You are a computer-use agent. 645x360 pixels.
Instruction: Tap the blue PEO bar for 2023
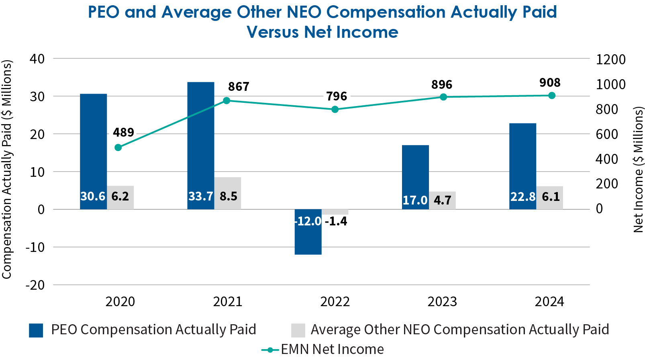(x=415, y=169)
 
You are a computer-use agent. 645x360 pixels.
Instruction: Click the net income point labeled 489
(x=118, y=147)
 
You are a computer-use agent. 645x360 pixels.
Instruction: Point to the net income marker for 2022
(x=335, y=109)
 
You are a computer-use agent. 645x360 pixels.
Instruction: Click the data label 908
(x=550, y=83)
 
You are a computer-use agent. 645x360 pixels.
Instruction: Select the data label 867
(x=239, y=87)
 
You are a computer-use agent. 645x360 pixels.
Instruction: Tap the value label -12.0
(x=308, y=221)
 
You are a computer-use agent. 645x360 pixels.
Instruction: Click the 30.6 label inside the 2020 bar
(x=93, y=196)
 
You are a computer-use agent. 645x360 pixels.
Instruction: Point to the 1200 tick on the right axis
(x=610, y=59)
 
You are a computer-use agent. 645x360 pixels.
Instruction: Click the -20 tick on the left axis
(x=35, y=285)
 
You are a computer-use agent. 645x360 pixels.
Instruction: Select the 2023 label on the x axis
(x=442, y=302)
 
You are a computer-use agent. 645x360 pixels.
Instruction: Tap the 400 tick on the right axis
(x=606, y=159)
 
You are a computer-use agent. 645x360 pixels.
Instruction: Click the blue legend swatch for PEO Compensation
(x=36, y=330)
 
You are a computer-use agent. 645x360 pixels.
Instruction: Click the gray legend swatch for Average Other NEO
(x=298, y=330)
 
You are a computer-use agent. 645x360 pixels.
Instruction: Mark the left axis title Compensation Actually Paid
(x=7, y=170)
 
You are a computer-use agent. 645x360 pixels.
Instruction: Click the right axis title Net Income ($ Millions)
(x=638, y=170)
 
